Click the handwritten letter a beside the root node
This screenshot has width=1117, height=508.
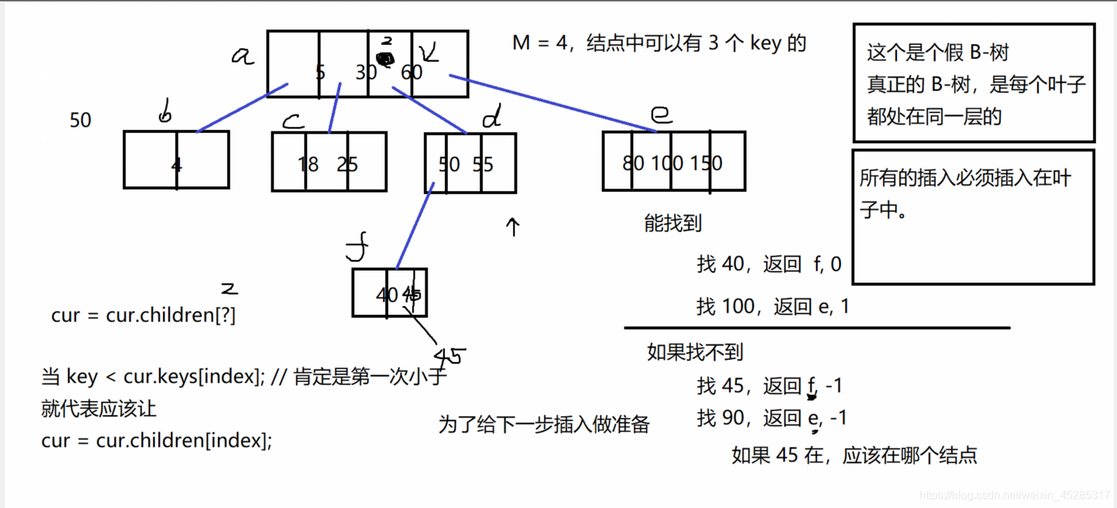(243, 56)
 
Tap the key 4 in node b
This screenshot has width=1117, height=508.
(176, 165)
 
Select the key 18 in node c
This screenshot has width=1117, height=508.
(308, 164)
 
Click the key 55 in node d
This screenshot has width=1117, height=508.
(483, 164)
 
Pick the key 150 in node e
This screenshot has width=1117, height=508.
(706, 163)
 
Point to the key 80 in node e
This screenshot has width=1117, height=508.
(633, 163)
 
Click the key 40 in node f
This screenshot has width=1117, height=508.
(387, 294)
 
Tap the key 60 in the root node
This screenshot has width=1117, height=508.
(411, 72)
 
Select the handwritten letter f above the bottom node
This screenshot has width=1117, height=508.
(357, 248)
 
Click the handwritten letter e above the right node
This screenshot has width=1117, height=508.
(661, 114)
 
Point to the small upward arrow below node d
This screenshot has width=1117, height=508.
(513, 226)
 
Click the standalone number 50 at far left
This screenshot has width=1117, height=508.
(80, 120)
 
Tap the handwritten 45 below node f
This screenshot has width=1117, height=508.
(449, 356)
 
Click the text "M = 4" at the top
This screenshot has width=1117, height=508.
(539, 43)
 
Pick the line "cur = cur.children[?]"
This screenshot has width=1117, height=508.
(143, 315)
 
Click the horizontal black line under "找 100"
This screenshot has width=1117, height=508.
(816, 327)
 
